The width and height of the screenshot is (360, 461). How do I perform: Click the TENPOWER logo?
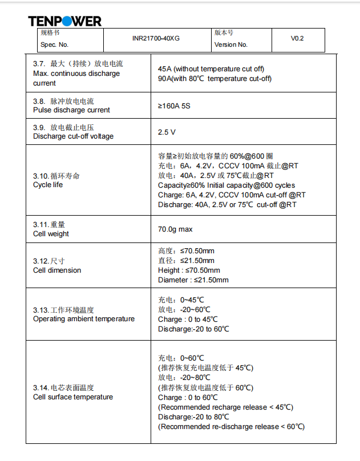(64, 21)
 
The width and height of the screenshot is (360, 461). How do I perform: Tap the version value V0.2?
(297, 39)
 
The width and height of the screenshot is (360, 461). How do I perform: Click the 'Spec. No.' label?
(54, 45)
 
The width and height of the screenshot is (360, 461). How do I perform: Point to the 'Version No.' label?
(231, 45)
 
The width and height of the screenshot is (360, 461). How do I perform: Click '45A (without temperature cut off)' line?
(211, 69)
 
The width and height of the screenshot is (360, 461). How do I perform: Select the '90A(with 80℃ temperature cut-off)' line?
(215, 79)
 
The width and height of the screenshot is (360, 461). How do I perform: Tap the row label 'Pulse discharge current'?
(71, 110)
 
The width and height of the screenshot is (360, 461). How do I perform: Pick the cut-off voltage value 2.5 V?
(167, 132)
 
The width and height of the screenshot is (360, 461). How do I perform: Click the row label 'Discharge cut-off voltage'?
(73, 136)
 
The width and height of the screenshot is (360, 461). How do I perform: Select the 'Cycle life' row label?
(48, 185)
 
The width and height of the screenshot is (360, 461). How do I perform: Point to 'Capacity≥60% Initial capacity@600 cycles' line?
(226, 185)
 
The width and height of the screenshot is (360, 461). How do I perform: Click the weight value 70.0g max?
(175, 229)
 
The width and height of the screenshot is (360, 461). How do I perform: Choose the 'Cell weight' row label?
(51, 234)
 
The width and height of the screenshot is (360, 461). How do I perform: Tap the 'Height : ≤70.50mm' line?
(188, 270)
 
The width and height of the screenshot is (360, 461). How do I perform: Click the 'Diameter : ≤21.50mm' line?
(193, 280)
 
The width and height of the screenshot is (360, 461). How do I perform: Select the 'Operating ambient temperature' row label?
(84, 319)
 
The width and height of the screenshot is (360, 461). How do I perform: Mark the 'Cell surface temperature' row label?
(73, 397)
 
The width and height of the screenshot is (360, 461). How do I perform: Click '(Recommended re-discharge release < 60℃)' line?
(231, 426)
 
